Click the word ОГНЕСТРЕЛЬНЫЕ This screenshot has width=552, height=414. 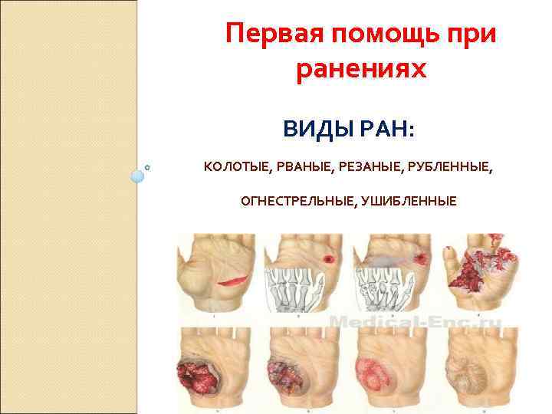pyautogui.click(x=294, y=201)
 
